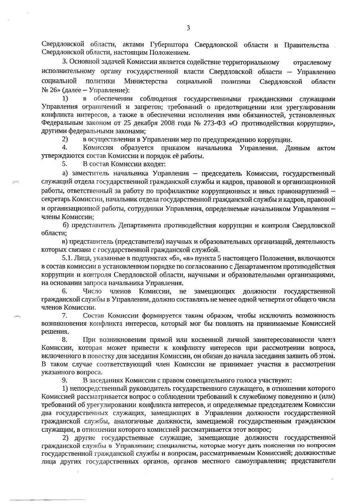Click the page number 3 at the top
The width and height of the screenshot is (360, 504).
click(x=188, y=28)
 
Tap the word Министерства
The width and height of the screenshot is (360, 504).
click(x=146, y=81)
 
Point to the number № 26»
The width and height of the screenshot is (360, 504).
click(x=50, y=90)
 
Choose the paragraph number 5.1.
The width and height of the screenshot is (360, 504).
click(x=67, y=258)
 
